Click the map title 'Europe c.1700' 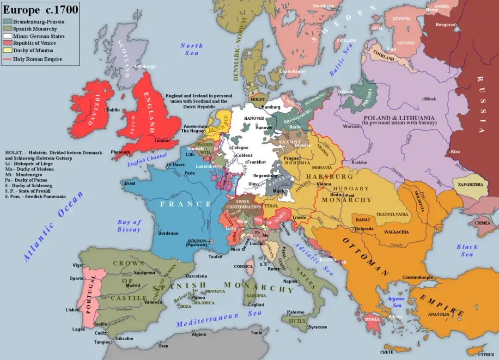pos(41,10)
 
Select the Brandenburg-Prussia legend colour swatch pos(8,21)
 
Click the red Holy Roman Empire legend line pos(8,59)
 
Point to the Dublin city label pos(113,110)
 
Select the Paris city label pos(189,173)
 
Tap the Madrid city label pos(133,285)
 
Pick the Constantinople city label pos(418,277)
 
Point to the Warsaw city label pos(352,126)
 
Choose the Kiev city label pos(456,152)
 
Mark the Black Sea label pos(467,250)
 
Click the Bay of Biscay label pos(129,226)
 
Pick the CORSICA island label pos(243,266)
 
